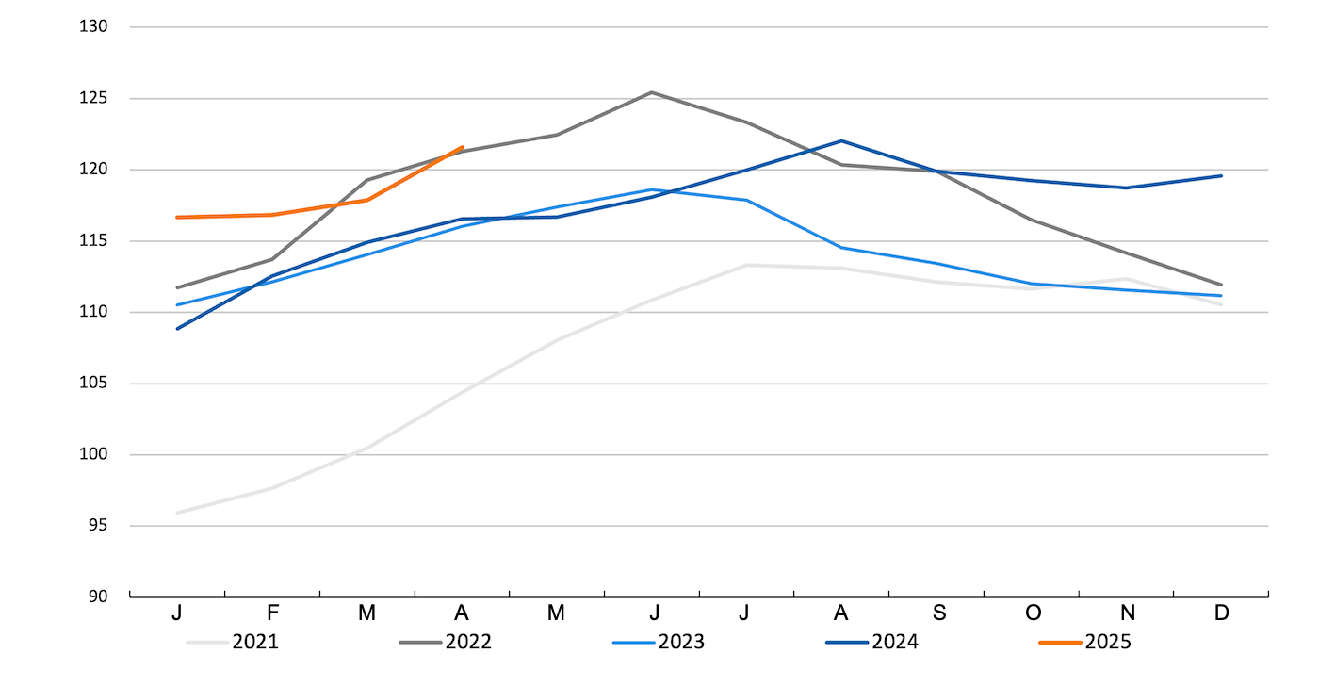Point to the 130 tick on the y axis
click(94, 27)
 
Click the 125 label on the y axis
click(94, 99)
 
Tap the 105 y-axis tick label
click(94, 384)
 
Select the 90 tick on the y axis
click(98, 596)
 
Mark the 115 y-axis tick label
click(94, 241)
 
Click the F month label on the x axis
click(272, 612)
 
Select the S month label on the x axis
click(938, 612)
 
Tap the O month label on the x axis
click(1034, 612)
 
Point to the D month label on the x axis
click(1222, 612)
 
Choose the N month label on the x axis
click(1128, 612)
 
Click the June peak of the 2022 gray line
click(651, 92)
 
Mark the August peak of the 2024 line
click(841, 141)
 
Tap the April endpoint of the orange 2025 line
click(462, 147)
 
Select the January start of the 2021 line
click(177, 513)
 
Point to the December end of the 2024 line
click(1221, 175)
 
